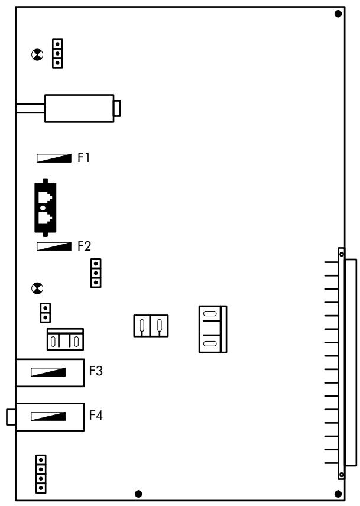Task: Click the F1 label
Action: point(83,157)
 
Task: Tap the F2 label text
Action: point(84,246)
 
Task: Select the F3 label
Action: point(96,371)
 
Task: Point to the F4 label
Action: point(96,416)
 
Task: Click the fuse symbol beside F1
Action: point(54,158)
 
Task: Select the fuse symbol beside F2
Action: point(54,246)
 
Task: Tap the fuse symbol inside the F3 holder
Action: point(48,372)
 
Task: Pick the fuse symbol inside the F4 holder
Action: point(48,416)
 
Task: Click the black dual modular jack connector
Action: point(46,207)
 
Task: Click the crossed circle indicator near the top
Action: point(37,55)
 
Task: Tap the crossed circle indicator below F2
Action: point(37,288)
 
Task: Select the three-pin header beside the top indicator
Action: point(57,54)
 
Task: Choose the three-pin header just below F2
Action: point(96,273)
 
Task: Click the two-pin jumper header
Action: point(45,313)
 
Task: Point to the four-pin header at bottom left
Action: point(41,474)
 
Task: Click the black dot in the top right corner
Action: point(338,14)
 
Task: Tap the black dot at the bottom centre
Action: point(138,494)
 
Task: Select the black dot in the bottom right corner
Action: point(338,494)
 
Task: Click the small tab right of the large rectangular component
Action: point(118,108)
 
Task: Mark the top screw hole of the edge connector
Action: point(341,254)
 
